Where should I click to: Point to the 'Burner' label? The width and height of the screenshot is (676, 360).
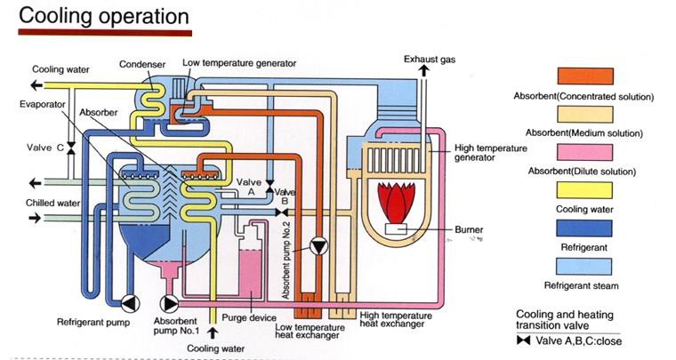tap(468, 229)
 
